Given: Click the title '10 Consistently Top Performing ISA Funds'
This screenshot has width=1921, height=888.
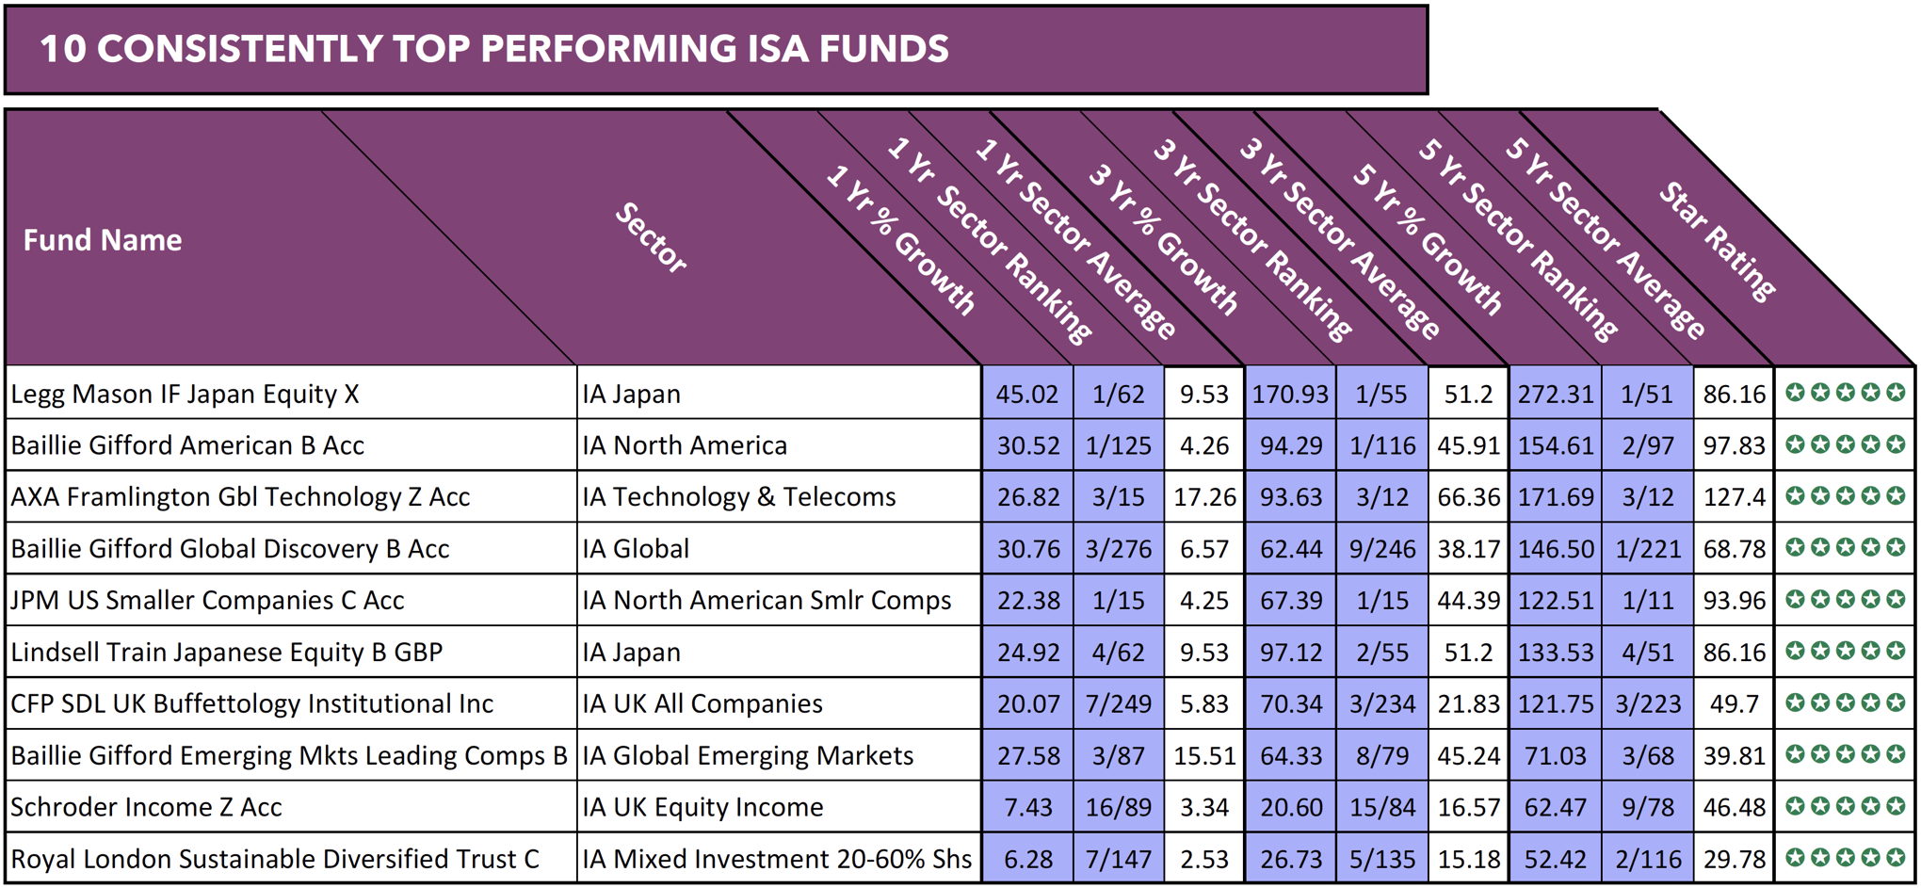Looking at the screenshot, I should pos(493,49).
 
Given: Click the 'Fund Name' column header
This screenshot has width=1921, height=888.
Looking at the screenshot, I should pos(103,240).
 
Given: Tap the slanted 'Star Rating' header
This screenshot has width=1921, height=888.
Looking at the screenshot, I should pos(1716,241).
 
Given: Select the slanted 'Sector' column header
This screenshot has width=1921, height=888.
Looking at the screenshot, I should pos(651,238).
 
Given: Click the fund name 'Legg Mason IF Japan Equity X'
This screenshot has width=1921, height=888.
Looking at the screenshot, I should pos(185,394).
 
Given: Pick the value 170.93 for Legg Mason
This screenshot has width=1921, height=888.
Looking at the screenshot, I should pos(1289,394).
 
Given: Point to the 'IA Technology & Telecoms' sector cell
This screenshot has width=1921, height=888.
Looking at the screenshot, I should pos(738,496).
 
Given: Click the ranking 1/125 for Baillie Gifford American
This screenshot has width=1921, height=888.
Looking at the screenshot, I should pos(1118,445).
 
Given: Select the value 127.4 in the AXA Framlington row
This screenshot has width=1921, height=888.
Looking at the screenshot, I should pos(1734,496).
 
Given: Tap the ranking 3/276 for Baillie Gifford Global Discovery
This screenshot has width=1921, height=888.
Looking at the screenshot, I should pos(1118,549).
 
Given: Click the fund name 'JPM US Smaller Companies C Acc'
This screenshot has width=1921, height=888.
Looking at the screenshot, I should pos(207,601).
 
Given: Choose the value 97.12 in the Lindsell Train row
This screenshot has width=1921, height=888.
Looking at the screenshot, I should pos(1290,653).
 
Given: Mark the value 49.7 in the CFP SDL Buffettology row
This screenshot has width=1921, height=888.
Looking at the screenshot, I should pos(1734,704).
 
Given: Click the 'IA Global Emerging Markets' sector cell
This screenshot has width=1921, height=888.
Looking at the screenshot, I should pos(748,756).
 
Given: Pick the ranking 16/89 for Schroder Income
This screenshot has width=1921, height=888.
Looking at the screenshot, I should pos(1118,808).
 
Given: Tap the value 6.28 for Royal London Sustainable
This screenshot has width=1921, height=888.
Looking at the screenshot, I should pos(1027,860).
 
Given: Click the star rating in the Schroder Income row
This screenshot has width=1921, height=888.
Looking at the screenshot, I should pos(1845,807).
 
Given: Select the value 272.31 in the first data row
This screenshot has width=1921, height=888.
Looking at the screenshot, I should pos(1555,394).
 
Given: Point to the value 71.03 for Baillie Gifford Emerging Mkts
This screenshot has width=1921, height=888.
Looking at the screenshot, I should pos(1555,756).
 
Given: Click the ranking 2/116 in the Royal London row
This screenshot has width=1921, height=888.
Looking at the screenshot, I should pos(1648,860).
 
